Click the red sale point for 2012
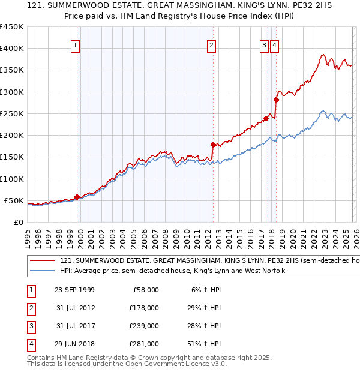(213, 145)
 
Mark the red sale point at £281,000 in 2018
(276, 100)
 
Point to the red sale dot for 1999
(77, 196)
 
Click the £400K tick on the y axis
(12, 49)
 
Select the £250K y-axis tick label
(12, 113)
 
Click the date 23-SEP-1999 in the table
(74, 290)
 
